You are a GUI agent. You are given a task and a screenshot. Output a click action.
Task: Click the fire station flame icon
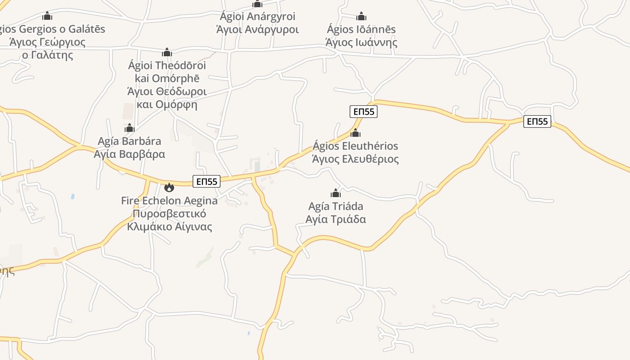pos(169,187)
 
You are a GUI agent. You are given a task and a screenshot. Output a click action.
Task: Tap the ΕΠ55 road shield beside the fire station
pos(207,181)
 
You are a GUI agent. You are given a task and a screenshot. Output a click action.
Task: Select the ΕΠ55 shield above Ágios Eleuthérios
pos(363,112)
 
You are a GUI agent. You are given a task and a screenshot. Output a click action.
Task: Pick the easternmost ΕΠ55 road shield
pos(537,121)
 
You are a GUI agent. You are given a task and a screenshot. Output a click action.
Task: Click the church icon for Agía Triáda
pos(336,193)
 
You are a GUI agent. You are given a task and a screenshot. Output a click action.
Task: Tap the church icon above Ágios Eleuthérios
pos(355,133)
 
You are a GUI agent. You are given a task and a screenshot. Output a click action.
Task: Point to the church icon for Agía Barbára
pos(130,128)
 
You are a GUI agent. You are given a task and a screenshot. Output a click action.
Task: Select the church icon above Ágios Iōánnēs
pos(361,17)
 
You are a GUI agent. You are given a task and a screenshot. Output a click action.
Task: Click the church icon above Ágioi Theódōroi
pos(167,52)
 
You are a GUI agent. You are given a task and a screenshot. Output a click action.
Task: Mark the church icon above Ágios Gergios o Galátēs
pos(47,16)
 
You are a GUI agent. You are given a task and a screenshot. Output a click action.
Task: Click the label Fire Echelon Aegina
pos(169,201)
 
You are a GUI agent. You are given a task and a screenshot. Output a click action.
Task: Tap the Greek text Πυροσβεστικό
pos(169,213)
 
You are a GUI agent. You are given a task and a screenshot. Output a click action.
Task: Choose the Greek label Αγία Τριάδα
pos(336,220)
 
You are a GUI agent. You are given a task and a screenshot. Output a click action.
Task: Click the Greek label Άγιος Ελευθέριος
pos(355,159)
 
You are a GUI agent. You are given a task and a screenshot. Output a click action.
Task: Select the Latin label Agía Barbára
pos(130,141)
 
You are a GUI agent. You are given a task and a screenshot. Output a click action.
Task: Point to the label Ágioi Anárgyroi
pos(257,17)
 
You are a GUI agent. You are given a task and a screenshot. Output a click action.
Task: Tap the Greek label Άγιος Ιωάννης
pos(361,43)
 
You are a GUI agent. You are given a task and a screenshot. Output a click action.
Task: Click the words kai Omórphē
pos(167,78)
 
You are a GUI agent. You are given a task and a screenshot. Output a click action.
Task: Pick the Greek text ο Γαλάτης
pos(47,55)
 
